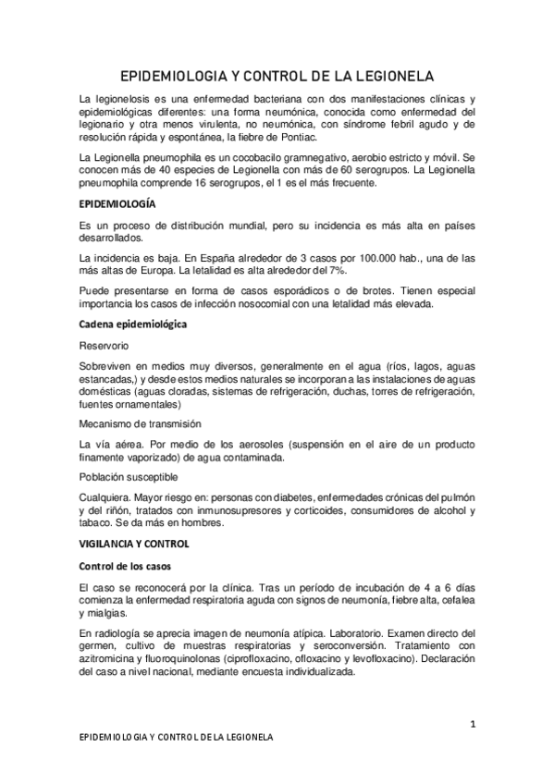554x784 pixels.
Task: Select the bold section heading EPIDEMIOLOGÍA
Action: pos(117,202)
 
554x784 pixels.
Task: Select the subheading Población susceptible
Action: pos(129,478)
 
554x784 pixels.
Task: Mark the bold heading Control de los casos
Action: pos(124,565)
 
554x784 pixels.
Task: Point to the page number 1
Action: pos(472,724)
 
